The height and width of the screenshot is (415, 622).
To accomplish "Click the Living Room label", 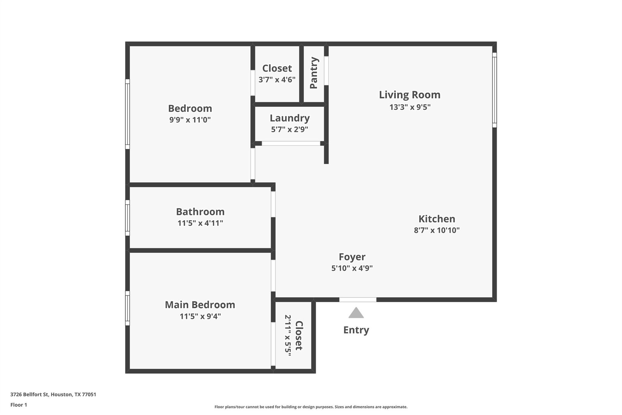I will click(409, 95).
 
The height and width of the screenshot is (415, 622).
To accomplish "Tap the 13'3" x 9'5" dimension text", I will click(410, 107).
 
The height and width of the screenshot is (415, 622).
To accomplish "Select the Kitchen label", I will click(437, 219).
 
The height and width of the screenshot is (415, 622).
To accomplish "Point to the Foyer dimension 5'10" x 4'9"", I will click(352, 268).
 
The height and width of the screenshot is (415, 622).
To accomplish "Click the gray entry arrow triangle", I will click(356, 313).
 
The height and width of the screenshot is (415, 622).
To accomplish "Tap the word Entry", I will click(356, 330).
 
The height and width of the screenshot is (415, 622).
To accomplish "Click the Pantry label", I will click(313, 73).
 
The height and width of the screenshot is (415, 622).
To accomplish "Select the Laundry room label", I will click(289, 118).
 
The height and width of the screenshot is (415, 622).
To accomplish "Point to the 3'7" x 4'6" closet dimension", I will click(277, 80).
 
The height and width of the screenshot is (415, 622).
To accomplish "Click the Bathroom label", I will click(200, 212).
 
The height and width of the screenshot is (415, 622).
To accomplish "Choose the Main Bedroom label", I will click(200, 305).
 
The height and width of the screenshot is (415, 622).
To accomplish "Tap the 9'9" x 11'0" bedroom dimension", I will click(190, 120).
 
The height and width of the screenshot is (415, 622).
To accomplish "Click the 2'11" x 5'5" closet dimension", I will click(288, 335).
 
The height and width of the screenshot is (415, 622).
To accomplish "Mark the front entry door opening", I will click(357, 300).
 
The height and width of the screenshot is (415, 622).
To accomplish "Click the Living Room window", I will click(494, 90).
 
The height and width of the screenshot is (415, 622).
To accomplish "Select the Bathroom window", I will click(128, 218).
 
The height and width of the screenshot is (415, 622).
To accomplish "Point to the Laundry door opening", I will click(291, 144).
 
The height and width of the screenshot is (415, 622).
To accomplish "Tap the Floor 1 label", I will click(19, 405).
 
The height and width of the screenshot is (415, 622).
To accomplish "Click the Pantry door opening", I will click(326, 71).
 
